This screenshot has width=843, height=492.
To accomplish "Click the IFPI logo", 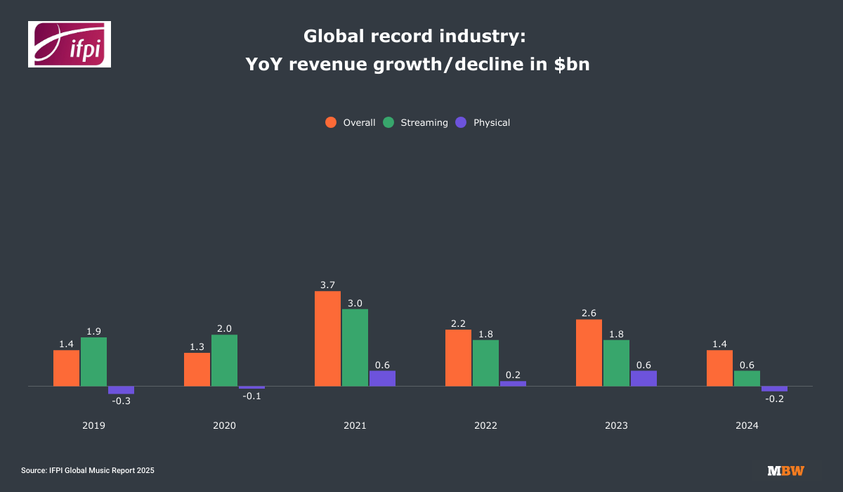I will [69, 44].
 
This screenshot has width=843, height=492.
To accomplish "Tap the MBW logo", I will [785, 470].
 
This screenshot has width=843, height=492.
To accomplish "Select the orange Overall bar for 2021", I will [327, 339].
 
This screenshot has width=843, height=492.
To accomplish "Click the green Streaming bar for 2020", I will [224, 361].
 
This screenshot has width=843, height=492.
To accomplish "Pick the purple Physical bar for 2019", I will [121, 390].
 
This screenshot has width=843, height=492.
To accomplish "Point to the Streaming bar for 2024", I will [747, 378].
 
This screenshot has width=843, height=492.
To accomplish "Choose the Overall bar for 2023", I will [589, 353].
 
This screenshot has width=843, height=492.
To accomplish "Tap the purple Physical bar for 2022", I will [513, 384].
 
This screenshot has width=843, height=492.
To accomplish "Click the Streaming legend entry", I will [415, 122].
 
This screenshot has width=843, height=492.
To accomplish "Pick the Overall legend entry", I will [351, 122].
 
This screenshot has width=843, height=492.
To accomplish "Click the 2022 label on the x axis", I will [485, 426].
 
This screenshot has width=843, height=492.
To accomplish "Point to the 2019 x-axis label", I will [93, 426].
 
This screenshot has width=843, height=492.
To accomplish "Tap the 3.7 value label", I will [327, 285].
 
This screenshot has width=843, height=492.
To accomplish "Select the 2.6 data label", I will [589, 313].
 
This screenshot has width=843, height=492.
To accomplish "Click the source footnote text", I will [88, 470].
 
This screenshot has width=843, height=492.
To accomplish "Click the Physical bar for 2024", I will [774, 389].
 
